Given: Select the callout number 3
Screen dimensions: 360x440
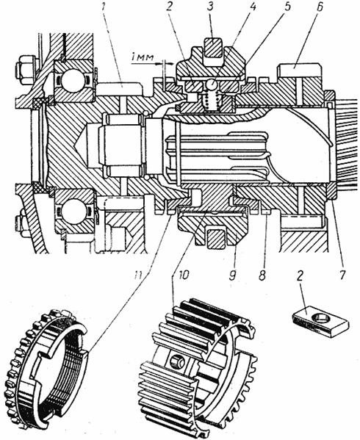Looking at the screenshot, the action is point(210,7).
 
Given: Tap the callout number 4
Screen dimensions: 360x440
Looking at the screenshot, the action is point(252,7).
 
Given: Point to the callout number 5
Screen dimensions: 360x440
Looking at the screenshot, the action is point(286,7).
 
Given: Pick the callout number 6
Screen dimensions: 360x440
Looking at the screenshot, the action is point(319,7).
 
